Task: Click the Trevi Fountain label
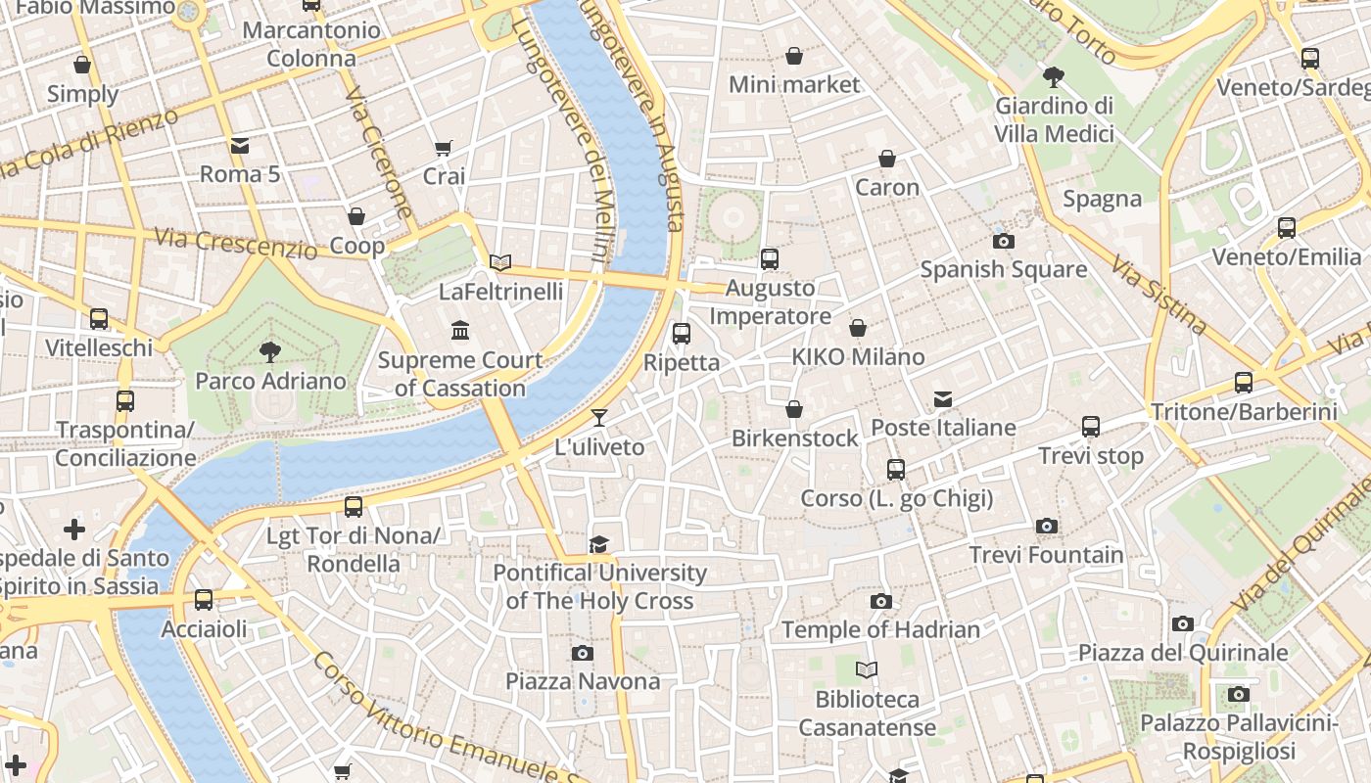tap(1046, 555)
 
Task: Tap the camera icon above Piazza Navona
tap(583, 653)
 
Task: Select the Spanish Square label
tap(1003, 269)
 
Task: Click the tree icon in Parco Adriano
tap(270, 351)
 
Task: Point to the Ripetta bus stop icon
tap(682, 333)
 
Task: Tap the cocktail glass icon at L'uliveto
tap(599, 418)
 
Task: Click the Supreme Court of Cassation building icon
tap(459, 330)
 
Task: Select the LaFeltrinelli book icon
tap(500, 262)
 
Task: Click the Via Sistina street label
tap(1158, 295)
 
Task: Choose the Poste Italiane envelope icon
tap(943, 398)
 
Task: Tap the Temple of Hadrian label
tap(880, 630)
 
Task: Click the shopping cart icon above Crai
tap(444, 148)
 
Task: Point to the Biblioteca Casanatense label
tap(868, 714)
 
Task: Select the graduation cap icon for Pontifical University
tap(598, 544)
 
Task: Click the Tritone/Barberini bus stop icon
tap(1244, 382)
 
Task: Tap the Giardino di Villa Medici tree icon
tap(1054, 75)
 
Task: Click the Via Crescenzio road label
tap(235, 243)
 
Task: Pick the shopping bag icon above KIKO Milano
tap(858, 328)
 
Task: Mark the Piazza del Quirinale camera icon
tap(1183, 623)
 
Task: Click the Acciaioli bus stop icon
tap(204, 599)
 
